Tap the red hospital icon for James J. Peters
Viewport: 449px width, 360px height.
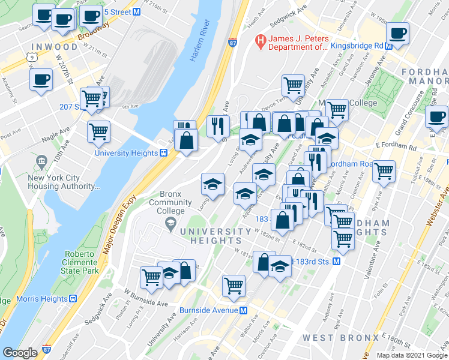tap(261, 41)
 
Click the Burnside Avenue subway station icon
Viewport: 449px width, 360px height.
tap(244, 310)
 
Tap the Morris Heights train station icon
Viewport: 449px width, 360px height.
tap(73, 298)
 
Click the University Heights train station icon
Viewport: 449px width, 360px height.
tap(163, 152)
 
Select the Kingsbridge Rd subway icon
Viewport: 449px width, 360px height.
tap(389, 46)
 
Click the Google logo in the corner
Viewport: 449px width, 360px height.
tap(20, 352)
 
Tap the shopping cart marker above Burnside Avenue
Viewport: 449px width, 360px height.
tap(233, 286)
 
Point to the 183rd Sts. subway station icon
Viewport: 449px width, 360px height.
tap(337, 262)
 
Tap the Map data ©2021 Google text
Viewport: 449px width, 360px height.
tap(411, 355)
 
